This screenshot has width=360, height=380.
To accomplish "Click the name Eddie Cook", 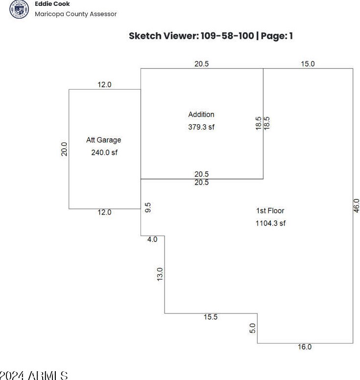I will coord(52,4).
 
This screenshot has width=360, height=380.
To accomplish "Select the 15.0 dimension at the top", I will coord(308,64).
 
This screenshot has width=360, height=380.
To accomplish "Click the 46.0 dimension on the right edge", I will coord(357,205).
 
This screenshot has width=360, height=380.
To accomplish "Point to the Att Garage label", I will coord(103,140).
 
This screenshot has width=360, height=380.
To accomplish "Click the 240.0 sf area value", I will coord(104,152).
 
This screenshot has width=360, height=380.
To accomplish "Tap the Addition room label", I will coord(201,115).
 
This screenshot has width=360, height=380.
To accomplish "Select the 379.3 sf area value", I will coord(201,127).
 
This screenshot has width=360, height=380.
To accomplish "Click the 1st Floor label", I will coord(270,211).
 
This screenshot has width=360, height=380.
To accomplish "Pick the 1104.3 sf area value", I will coord(270,223).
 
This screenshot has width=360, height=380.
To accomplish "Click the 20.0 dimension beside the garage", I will coord(64,149).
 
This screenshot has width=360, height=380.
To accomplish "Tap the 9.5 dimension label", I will coord(148,207).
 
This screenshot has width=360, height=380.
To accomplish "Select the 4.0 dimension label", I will coord(152,239).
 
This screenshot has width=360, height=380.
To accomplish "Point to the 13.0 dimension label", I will coord(160,274).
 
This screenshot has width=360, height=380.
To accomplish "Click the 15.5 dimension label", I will coord(211,317).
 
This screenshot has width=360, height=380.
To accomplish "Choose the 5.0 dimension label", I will coord(253,328).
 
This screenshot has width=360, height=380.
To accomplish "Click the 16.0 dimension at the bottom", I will coord(304,347).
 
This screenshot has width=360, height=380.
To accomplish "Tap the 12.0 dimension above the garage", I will coord(104,85).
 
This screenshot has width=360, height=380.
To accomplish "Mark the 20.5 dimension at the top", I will coord(201,64).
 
